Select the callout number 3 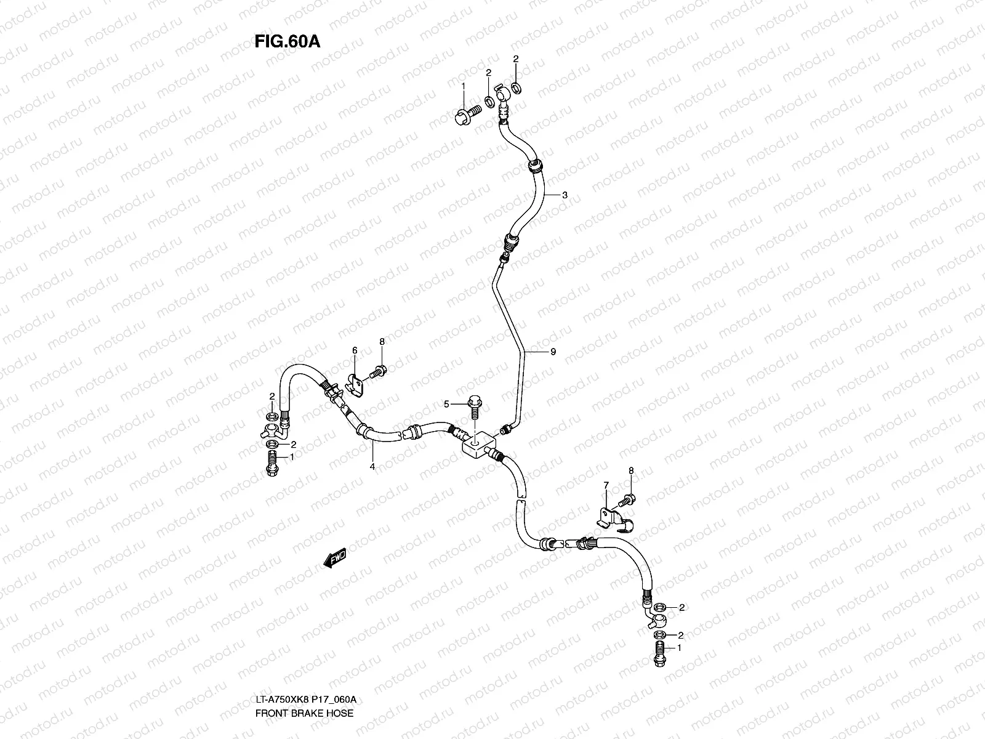click(565, 195)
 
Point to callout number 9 click(553, 352)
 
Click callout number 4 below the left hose click(372, 466)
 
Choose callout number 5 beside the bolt click(447, 404)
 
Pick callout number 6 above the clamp click(355, 350)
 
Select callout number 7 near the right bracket click(606, 487)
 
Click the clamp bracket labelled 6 click(355, 386)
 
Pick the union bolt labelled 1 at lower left click(271, 462)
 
